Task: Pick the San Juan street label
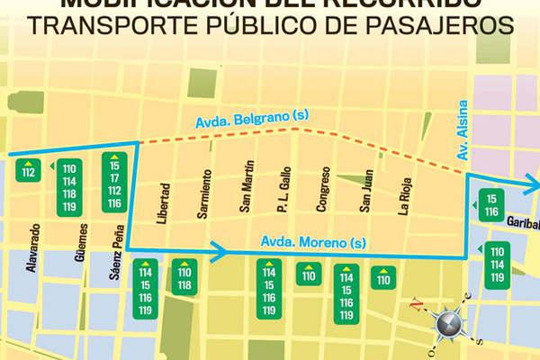[365, 192]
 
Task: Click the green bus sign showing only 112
[30, 169]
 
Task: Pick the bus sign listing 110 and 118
[184, 277]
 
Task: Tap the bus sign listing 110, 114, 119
[497, 263]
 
